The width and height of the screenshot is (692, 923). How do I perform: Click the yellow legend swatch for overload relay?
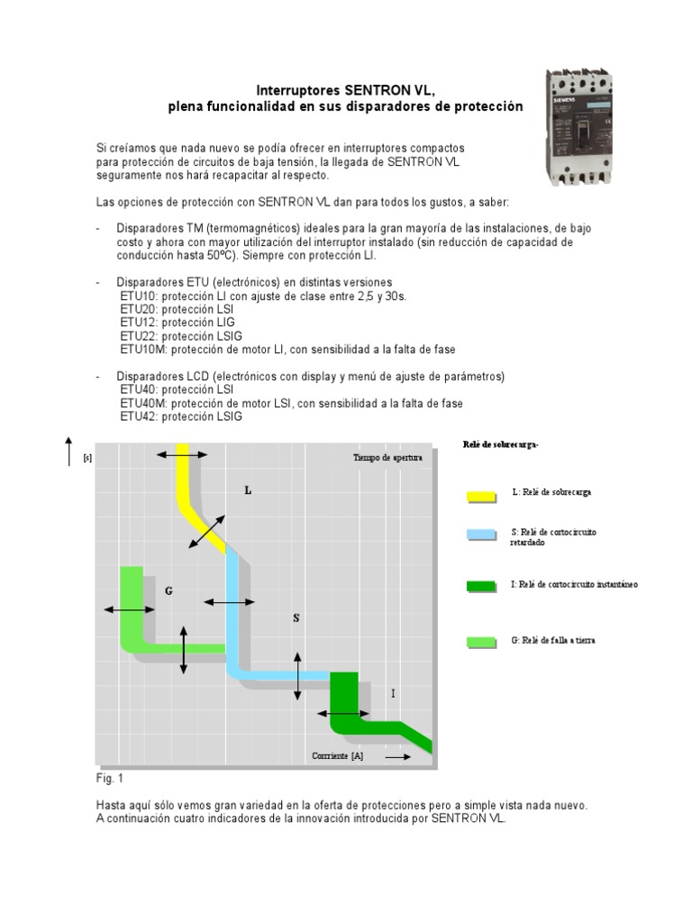481,495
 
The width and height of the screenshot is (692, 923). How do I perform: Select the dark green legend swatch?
481,587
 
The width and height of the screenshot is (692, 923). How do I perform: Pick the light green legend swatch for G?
481,642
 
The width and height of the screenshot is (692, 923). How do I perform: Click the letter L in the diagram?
248,490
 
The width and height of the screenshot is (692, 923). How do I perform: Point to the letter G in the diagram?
168,590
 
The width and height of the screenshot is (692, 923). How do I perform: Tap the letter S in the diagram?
296,618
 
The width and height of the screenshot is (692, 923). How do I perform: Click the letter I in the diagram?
393,693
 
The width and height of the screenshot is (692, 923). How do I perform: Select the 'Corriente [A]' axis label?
338,756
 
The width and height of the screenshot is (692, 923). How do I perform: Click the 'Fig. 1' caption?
109,776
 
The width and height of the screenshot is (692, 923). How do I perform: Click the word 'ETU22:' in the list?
139,334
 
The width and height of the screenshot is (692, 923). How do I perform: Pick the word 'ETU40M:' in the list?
143,403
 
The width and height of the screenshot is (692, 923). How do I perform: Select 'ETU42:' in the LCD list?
139,416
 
